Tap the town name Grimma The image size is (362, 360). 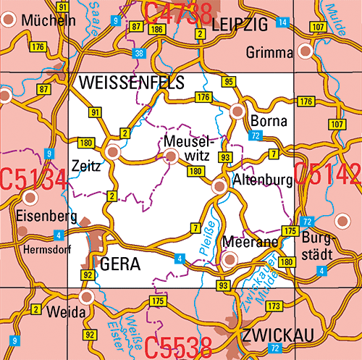(269, 52)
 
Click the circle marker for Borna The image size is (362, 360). (237, 112)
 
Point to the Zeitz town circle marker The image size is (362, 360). (112, 151)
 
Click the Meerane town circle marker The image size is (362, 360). (230, 259)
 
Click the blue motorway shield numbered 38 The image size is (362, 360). (139, 54)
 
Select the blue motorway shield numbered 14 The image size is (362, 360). (282, 23)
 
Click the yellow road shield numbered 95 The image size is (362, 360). (229, 81)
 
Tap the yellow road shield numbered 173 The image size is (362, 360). (274, 307)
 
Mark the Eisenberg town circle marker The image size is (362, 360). (30, 197)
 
